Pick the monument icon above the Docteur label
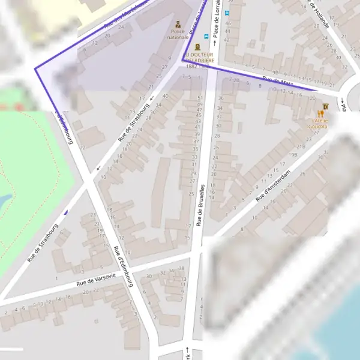[197, 46]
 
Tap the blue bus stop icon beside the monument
[207, 37]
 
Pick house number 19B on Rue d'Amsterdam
[293, 155]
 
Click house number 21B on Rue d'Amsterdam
[301, 146]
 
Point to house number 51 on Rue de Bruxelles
[200, 98]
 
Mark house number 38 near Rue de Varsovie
[181, 268]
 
